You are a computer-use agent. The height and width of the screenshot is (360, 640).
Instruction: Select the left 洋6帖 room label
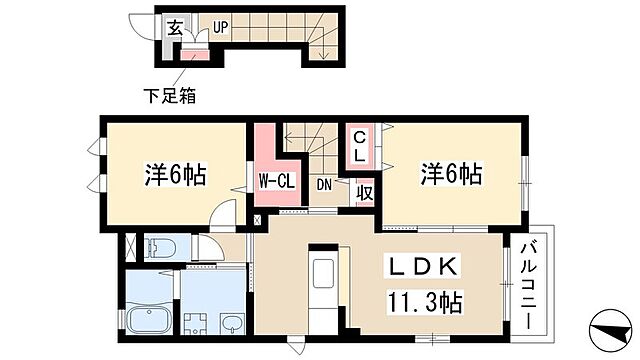[x=173, y=175]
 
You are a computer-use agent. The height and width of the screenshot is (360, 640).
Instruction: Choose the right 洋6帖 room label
[x=450, y=175]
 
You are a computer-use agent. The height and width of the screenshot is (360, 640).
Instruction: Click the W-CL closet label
[x=273, y=181]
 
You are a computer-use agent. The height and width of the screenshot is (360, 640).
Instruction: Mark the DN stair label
[x=325, y=184]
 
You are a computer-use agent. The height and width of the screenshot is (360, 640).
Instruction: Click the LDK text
[x=421, y=267]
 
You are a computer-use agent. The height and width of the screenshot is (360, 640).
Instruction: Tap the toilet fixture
[x=160, y=246]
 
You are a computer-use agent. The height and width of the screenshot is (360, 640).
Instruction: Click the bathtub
[x=151, y=320]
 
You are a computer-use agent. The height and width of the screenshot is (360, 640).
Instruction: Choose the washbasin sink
[x=233, y=322]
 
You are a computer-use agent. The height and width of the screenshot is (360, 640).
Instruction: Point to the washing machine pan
[x=196, y=322]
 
